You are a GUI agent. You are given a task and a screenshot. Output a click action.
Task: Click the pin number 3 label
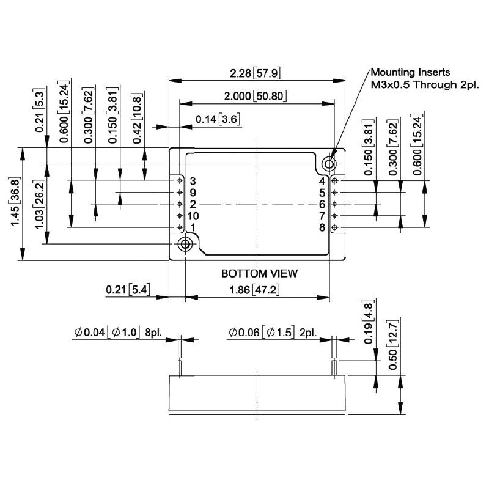193,181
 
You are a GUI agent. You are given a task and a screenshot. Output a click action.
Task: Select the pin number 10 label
193,216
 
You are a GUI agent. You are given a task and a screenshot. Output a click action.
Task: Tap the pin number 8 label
322,227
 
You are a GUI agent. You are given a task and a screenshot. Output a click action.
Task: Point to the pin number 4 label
322,181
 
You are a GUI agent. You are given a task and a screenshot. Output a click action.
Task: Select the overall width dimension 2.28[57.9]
255,73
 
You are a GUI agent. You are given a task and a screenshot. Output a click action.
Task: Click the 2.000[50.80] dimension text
256,97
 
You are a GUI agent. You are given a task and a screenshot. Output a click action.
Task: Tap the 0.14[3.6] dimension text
217,119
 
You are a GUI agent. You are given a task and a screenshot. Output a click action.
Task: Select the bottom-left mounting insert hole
183,244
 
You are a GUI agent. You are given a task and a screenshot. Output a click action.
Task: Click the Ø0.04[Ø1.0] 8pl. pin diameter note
117,333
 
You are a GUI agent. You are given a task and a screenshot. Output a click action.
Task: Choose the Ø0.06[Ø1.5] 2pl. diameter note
272,333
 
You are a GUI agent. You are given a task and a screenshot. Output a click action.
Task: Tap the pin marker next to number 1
180,227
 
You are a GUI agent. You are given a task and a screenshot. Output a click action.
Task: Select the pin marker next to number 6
334,204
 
